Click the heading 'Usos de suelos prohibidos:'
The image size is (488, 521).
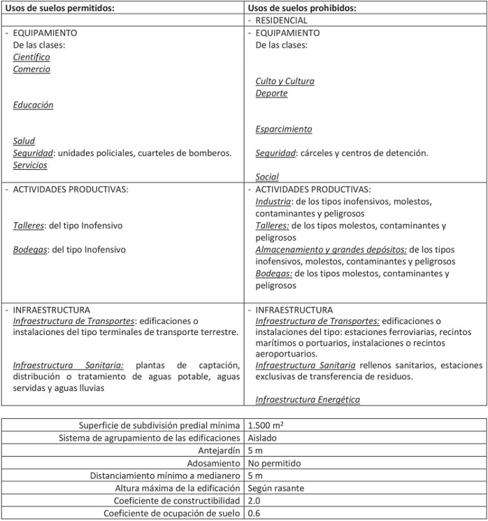[x=303, y=8]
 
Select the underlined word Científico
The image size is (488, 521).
[x=31, y=57]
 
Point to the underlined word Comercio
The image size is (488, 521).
[x=31, y=69]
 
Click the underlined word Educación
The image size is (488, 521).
[x=33, y=105]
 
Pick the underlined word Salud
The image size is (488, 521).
[x=24, y=141]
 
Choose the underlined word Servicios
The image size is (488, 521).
[x=30, y=165]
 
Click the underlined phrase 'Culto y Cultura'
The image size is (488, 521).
[x=285, y=81]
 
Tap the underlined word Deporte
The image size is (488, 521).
[x=271, y=93]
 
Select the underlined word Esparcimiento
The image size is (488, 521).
[x=284, y=129]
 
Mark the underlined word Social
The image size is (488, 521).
[x=267, y=177]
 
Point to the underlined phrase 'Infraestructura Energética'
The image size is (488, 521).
[x=308, y=399]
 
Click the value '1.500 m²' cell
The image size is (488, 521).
[x=265, y=425]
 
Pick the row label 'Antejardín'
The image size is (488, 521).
[x=220, y=450]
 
